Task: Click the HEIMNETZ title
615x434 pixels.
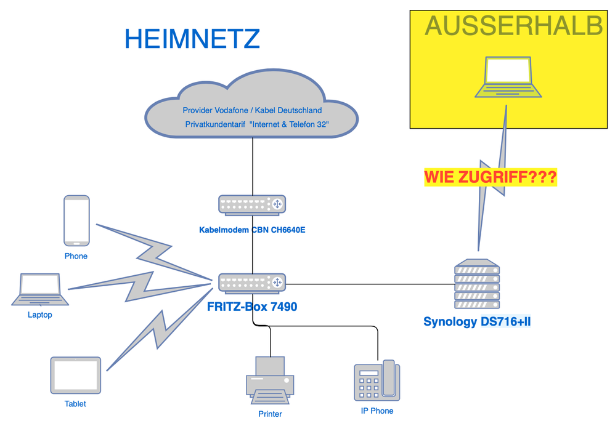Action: pos(192,39)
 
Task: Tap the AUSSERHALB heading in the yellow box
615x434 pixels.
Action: pos(513,26)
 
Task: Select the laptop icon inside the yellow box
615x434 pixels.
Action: pos(508,78)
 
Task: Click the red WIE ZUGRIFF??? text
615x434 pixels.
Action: pos(491,178)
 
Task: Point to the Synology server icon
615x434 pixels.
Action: pos(476,284)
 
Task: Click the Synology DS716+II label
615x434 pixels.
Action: pos(477,321)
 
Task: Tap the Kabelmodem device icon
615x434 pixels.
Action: pos(252,204)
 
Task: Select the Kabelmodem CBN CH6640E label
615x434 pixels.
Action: pos(252,230)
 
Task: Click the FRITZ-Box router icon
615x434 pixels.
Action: pos(252,283)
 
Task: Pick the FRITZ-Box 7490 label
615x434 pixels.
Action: pos(252,306)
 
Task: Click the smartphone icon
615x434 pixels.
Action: pos(76,221)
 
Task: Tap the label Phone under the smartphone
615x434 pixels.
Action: pos(76,256)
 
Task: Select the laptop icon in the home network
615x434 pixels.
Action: pos(40,289)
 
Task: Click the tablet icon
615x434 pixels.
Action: pos(75,375)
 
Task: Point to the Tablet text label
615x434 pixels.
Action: pos(75,404)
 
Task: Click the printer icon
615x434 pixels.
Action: pos(270,380)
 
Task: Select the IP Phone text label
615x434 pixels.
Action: pos(377,411)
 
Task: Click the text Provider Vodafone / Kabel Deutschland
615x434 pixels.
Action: pos(252,111)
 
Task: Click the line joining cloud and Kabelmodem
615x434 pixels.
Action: pos(253,166)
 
